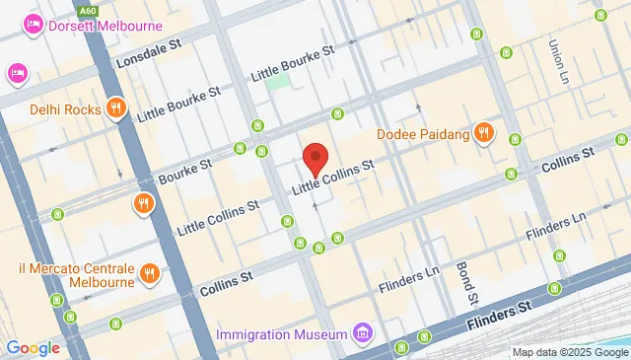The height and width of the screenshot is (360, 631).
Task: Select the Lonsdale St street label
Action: coord(149,59)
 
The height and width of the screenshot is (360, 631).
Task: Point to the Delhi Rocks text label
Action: coord(65,109)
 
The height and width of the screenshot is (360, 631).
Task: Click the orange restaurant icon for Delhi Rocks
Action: coord(117,108)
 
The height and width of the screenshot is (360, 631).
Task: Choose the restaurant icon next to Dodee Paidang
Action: coord(483,132)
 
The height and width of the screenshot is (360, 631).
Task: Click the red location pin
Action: coord(315,159)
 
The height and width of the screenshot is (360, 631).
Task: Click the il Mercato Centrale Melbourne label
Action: coord(66,275)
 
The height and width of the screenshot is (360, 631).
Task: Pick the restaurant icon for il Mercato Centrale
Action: coord(150,273)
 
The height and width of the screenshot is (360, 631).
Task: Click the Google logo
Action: coord(33,347)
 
